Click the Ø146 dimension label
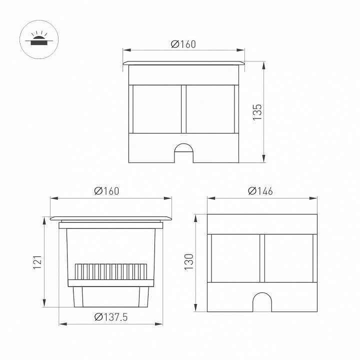[x=260, y=191]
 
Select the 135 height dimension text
[x=257, y=112]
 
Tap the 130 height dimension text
[x=189, y=261]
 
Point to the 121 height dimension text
[x=37, y=262]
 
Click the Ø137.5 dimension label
[x=111, y=317]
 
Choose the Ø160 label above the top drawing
[x=183, y=44]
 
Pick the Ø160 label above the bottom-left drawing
[x=107, y=191]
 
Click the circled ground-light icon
[x=39, y=39]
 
